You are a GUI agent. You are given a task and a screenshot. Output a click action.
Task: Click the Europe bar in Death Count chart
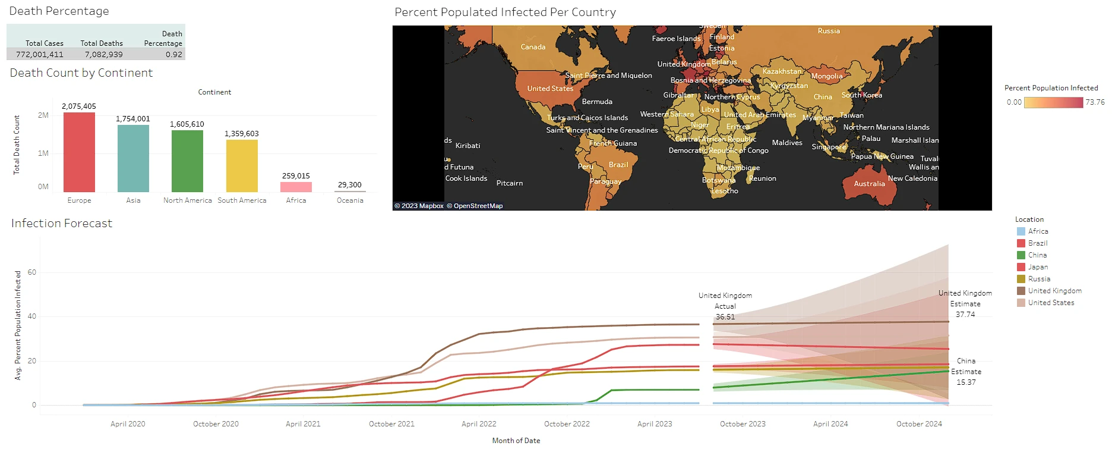point(79,152)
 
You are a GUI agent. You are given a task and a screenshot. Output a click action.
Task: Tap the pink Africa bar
point(296,187)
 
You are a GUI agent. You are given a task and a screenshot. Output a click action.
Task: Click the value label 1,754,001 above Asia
point(133,119)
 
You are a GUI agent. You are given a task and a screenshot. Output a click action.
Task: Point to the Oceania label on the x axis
point(350,200)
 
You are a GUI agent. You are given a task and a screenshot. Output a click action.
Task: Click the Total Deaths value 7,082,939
point(103,54)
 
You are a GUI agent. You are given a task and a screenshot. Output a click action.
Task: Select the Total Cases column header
point(45,43)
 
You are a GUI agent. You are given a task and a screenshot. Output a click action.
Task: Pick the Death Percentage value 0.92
point(173,54)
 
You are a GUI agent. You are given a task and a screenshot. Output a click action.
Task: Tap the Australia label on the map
point(869,184)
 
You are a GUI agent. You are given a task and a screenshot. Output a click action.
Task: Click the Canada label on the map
point(533,47)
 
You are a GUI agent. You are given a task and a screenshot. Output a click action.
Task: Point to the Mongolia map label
point(826,76)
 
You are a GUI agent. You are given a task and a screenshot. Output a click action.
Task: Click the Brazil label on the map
point(618,165)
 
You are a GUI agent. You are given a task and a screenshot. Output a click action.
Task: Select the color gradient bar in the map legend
point(1053,102)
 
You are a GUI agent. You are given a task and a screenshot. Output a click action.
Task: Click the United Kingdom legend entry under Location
point(1054,291)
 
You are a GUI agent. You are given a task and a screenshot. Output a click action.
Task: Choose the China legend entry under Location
point(1037,255)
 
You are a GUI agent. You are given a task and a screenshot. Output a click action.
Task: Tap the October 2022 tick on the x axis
point(567,424)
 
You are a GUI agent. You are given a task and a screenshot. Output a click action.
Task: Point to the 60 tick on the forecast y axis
point(32,272)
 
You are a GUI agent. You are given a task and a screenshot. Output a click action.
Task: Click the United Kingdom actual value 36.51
point(725,317)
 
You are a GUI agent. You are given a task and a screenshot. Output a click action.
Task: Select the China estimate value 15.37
point(966,382)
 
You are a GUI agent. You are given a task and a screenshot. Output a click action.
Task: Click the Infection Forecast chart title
point(62,224)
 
